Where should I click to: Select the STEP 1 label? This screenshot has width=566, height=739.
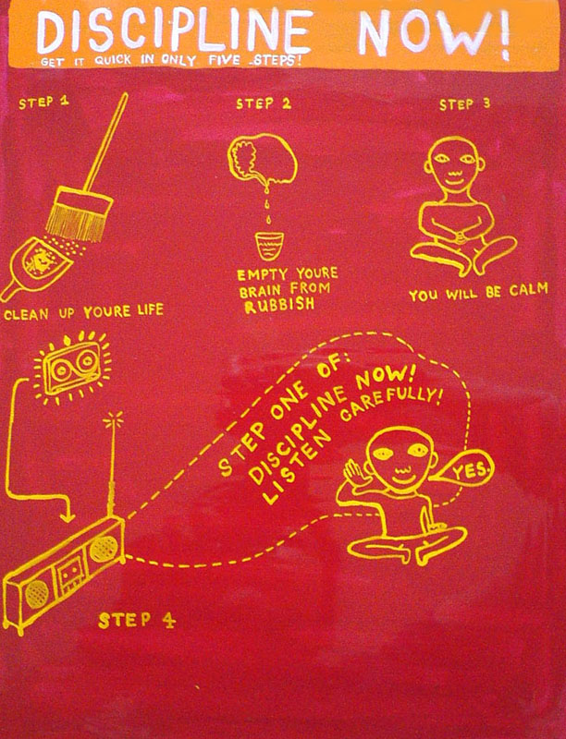(x=43, y=102)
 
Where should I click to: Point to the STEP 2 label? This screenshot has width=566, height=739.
(x=264, y=103)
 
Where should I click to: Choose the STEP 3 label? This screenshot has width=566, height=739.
(x=465, y=104)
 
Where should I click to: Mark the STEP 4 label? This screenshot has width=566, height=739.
(x=137, y=620)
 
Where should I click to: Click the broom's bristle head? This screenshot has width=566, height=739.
(x=80, y=214)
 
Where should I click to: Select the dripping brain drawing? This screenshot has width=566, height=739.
(x=263, y=159)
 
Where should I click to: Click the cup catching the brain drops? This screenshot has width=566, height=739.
(x=269, y=246)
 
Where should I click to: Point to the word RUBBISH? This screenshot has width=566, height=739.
(x=279, y=305)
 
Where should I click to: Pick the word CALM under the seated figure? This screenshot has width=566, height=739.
(x=528, y=290)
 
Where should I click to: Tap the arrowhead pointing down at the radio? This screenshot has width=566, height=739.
(x=68, y=515)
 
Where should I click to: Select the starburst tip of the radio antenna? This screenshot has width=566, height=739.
(x=113, y=419)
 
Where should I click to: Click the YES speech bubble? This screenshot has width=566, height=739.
(x=467, y=469)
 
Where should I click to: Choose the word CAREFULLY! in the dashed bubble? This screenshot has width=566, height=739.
(x=391, y=405)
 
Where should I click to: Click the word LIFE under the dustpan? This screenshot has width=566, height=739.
(x=151, y=309)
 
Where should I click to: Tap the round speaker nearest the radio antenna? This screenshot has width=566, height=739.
(x=103, y=549)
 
